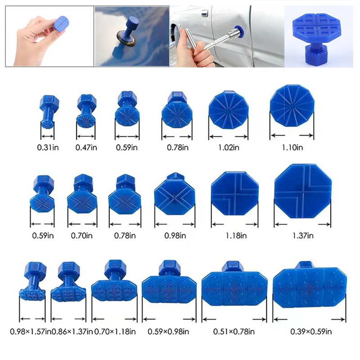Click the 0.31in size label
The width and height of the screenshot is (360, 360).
click(x=48, y=148)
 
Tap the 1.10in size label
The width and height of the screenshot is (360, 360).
click(x=292, y=148)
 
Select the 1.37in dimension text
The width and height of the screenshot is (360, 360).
click(x=303, y=235)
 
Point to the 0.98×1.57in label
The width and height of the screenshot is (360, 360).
click(x=30, y=332)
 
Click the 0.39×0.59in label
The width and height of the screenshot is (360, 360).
click(x=311, y=332)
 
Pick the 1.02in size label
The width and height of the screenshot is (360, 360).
click(x=229, y=148)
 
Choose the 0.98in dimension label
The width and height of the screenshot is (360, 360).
click(x=175, y=235)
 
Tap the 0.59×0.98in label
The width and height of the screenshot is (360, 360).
click(x=168, y=332)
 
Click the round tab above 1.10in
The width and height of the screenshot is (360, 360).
click(x=292, y=106)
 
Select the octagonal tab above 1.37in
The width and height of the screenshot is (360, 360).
click(x=303, y=191)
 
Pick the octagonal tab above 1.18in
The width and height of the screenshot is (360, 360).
click(x=234, y=193)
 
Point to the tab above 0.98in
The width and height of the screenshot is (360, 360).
click(x=175, y=194)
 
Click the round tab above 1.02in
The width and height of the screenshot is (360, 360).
click(x=229, y=109)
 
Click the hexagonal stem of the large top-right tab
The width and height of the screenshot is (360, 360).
click(x=316, y=54)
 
